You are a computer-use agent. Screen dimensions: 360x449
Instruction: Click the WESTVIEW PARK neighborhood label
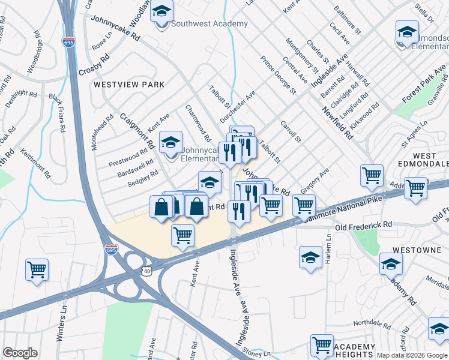[x=128, y=85]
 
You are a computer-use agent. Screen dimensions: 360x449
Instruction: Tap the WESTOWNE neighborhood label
[x=414, y=248]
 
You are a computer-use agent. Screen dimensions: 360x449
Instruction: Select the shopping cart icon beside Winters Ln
[x=37, y=269]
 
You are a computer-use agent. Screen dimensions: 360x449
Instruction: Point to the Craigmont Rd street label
[x=137, y=131]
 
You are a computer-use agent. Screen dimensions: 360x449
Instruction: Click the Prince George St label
[x=279, y=76]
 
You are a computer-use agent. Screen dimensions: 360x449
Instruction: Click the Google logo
[x=20, y=353]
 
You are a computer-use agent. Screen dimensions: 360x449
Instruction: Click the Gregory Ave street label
[x=315, y=180]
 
